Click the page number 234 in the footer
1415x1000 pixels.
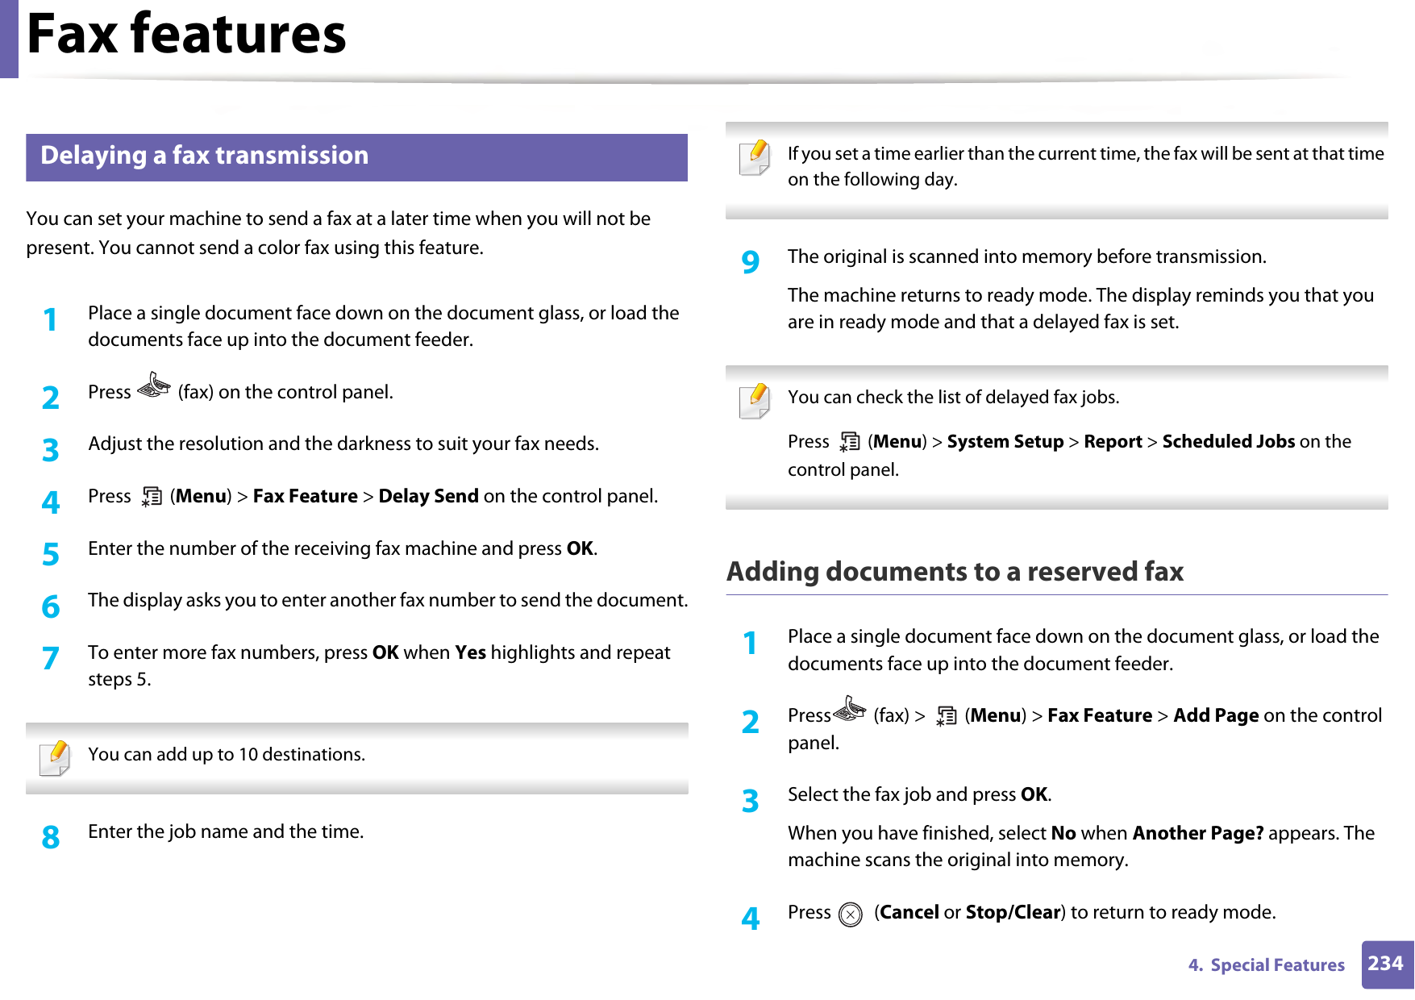click(1385, 964)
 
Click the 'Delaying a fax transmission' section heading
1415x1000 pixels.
click(204, 156)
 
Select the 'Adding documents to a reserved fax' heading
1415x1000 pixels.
click(955, 572)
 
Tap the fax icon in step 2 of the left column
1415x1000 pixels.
click(153, 387)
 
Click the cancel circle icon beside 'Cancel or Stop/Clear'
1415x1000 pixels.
click(850, 915)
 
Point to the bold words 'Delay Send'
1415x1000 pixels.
click(428, 497)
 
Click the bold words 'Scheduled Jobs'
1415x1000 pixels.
click(1228, 442)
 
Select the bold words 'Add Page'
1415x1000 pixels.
click(1215, 716)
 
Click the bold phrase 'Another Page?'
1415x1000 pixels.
click(1197, 833)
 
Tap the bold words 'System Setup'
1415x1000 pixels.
click(1005, 442)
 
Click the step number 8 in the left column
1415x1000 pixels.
click(51, 838)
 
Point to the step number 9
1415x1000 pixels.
click(751, 262)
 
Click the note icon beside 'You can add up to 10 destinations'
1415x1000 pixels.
click(55, 757)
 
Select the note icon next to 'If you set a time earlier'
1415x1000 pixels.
click(755, 157)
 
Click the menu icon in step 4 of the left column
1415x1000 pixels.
click(151, 497)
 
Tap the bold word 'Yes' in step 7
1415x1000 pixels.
click(470, 652)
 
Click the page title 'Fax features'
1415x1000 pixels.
click(186, 35)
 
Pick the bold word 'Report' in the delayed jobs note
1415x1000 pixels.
click(1113, 442)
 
